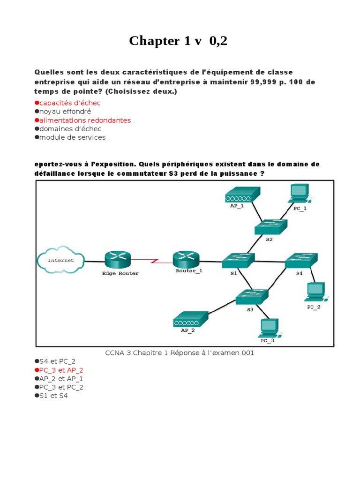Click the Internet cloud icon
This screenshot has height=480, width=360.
(60, 260)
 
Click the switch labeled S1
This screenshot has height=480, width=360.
(238, 261)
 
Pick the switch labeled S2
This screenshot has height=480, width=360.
(270, 227)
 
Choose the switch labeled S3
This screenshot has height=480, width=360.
(252, 297)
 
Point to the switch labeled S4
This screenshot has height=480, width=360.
(300, 260)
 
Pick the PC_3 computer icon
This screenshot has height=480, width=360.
(269, 327)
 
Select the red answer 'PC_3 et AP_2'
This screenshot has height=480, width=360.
(61, 370)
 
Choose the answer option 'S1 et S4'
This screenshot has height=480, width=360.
(53, 396)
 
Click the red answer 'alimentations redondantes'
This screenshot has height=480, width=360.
(85, 120)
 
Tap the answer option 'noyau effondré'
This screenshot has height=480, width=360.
(65, 112)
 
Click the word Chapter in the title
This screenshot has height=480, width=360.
(154, 41)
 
